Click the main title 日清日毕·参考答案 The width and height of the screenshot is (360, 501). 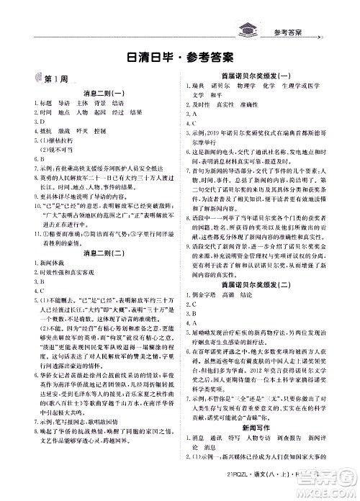tap(179, 58)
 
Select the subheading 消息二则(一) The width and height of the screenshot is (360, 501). tap(97, 93)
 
